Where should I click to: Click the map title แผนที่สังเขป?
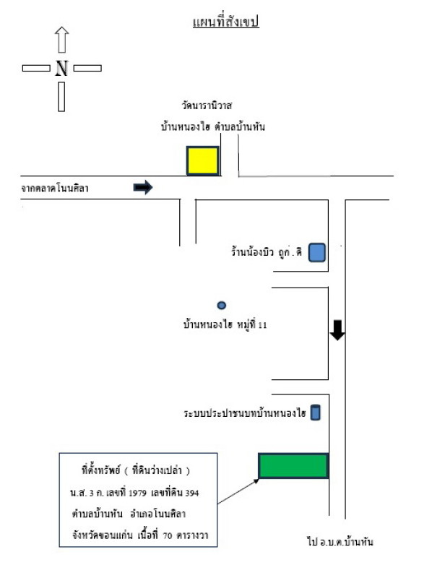pyautogui.click(x=225, y=22)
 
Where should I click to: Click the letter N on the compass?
pyautogui.click(x=61, y=68)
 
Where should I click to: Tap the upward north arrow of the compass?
pyautogui.click(x=61, y=40)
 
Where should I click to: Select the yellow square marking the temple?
pyautogui.click(x=203, y=160)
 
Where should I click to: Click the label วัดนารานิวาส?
pyautogui.click(x=207, y=105)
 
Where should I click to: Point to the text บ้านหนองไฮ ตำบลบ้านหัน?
pyautogui.click(x=213, y=127)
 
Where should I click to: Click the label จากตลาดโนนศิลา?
pyautogui.click(x=55, y=189)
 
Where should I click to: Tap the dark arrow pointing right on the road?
pyautogui.click(x=143, y=187)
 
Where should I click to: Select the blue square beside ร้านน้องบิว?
pyautogui.click(x=317, y=252)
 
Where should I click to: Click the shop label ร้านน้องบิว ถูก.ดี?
pyautogui.click(x=267, y=251)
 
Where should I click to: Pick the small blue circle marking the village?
pyautogui.click(x=222, y=305)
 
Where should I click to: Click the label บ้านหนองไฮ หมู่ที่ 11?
pyautogui.click(x=225, y=324)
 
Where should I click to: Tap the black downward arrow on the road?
pyautogui.click(x=337, y=330)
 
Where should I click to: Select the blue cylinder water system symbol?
pyautogui.click(x=315, y=413)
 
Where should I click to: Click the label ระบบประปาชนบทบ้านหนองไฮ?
pyautogui.click(x=245, y=413)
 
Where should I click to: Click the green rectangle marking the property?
pyautogui.click(x=293, y=466)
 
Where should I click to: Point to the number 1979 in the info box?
pyautogui.click(x=137, y=493)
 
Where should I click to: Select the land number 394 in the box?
pyautogui.click(x=192, y=493)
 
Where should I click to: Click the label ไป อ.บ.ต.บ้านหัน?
pyautogui.click(x=340, y=541)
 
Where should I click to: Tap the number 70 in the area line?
pyautogui.click(x=168, y=535)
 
